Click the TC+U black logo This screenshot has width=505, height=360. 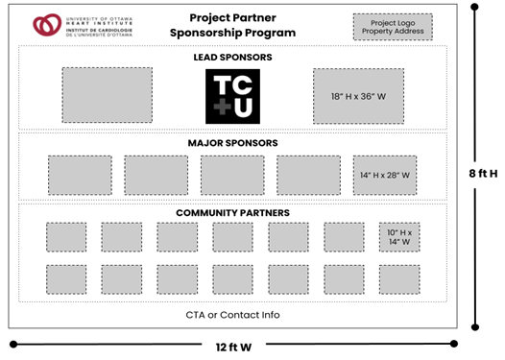coord(232,96)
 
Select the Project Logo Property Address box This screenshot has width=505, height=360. coord(392,27)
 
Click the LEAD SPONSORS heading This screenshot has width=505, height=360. coord(232,58)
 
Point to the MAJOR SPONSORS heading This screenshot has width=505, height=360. coord(232,143)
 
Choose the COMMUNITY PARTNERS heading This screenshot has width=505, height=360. coord(232,212)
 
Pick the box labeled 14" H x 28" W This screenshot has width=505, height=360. coord(384,175)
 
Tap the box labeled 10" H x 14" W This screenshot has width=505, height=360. coord(398,237)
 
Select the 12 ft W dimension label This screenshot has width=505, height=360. coord(233,346)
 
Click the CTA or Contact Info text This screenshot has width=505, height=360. coord(232,315)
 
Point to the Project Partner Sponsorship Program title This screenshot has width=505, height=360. coord(234,25)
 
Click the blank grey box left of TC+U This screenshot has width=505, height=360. coord(107,96)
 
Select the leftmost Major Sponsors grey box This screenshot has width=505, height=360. coord(80,175)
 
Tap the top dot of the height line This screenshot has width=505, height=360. coord(475,7)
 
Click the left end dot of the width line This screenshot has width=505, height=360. coord(13,343)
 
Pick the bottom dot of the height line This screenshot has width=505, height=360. coord(475,327)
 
